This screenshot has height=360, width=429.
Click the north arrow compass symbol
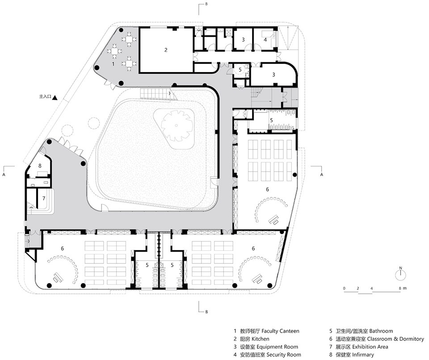pyautogui.click(x=400, y=275)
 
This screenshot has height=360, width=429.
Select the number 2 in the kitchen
pyautogui.click(x=166, y=50)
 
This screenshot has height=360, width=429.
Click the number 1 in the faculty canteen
pyautogui.click(x=113, y=64)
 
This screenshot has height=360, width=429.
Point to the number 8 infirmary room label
pyautogui.click(x=40, y=165)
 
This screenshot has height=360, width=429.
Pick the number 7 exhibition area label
pyautogui.click(x=44, y=198)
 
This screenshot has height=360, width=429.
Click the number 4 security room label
pyautogui.click(x=265, y=40)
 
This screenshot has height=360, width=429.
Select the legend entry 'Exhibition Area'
pyautogui.click(x=370, y=347)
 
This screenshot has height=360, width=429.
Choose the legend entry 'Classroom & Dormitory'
pyautogui.click(x=395, y=339)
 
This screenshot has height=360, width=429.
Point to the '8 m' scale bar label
pyautogui.click(x=403, y=288)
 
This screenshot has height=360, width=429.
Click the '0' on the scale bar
pyautogui.click(x=344, y=288)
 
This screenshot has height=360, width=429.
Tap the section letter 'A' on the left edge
pyautogui.click(x=4, y=174)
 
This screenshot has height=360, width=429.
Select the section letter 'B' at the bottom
pyautogui.click(x=206, y=312)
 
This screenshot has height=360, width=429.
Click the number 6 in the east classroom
pyautogui.click(x=267, y=189)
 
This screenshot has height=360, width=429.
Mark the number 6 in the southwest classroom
pyautogui.click(x=63, y=248)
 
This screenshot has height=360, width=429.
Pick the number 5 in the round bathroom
pyautogui.click(x=240, y=69)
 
